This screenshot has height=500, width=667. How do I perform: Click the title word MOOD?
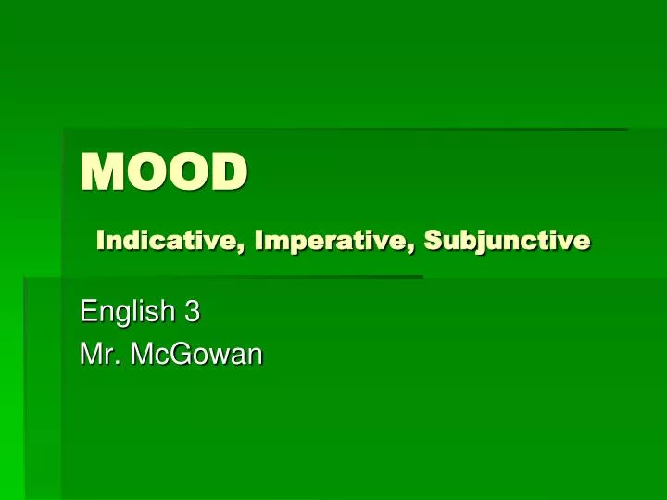(x=165, y=173)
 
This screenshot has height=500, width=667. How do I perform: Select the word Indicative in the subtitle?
(x=171, y=241)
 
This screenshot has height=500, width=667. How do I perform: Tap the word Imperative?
(x=335, y=241)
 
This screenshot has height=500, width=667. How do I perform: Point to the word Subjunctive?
(x=507, y=241)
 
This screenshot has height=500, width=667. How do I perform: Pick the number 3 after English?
(x=192, y=313)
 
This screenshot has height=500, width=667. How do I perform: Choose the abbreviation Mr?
(x=97, y=354)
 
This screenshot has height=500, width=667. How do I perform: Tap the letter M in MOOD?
(x=101, y=173)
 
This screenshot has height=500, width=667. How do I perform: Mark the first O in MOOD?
(x=145, y=173)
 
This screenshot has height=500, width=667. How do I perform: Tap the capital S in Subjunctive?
(x=432, y=241)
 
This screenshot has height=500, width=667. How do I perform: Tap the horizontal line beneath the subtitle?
(x=222, y=276)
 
